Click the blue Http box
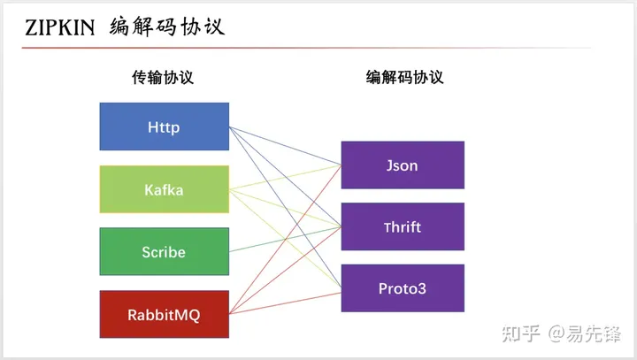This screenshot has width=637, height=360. coord(164,126)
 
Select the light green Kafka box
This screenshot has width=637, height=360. coord(164,189)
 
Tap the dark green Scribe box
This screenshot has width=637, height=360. coord(164,252)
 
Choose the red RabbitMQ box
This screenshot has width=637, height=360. coord(164,314)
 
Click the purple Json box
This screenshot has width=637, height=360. coord(402,165)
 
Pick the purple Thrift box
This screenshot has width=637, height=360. coord(402,226)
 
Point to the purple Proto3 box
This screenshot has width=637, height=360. coord(402,288)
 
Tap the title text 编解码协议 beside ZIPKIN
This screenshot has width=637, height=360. coord(166,27)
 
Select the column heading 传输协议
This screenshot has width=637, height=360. coord(163,77)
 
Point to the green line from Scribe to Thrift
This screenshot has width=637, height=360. coord(283,240)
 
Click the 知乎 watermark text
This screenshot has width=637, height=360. coord(521,333)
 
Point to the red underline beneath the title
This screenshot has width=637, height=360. coord(265,47)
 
